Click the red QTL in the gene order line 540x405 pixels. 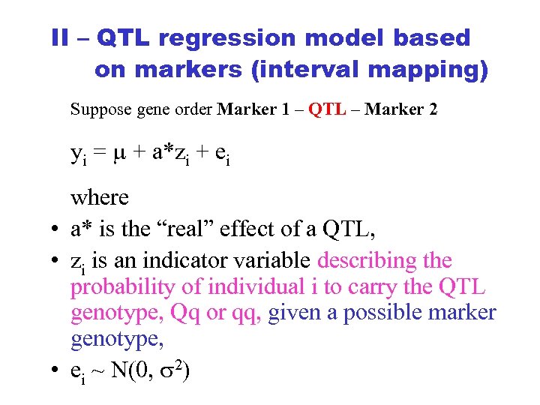click(x=327, y=109)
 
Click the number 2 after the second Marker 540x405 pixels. click(x=433, y=109)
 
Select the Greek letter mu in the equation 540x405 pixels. click(x=118, y=154)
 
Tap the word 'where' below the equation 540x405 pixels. click(x=100, y=198)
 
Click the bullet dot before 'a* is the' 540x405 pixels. click(x=56, y=229)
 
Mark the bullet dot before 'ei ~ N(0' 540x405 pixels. click(x=56, y=370)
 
